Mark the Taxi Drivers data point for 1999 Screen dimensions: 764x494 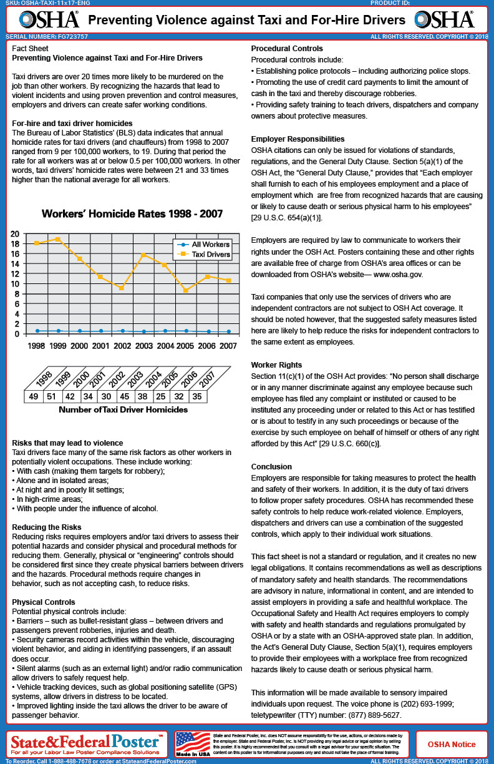[58, 239]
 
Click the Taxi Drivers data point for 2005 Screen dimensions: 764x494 [186, 290]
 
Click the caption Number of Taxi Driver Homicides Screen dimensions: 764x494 [123, 410]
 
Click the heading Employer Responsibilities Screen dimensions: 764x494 [297, 139]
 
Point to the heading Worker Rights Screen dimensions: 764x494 [276, 365]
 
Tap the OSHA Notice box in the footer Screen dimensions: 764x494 [451, 744]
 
